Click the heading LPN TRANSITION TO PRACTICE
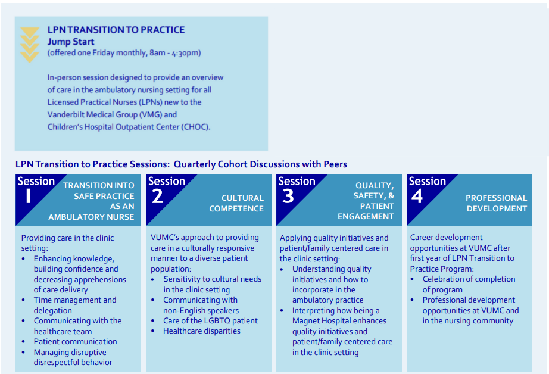point(116,30)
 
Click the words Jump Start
point(71,42)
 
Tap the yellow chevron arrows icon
point(29,45)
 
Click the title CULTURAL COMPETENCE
point(234,203)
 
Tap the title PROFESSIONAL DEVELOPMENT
point(497,203)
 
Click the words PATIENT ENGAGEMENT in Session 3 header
point(366,211)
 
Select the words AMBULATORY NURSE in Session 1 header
point(91,217)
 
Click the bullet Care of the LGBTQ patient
point(210,320)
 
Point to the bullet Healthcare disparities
point(202,331)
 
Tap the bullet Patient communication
point(75,341)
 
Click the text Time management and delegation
point(75,305)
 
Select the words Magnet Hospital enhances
point(339,321)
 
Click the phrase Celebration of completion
point(469,279)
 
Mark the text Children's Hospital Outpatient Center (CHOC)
point(129,127)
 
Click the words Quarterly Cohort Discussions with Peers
point(260,164)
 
